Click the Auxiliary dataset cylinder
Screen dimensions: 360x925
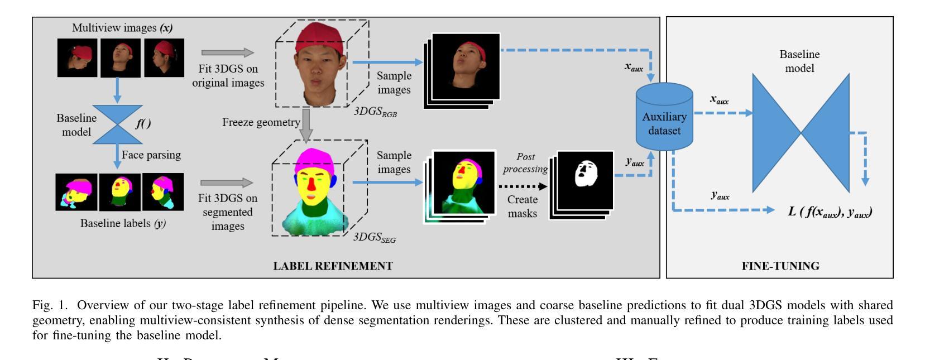664,117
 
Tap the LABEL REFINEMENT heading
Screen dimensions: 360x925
333,266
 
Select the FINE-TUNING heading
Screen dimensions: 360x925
780,266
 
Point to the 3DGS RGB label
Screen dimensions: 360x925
375,112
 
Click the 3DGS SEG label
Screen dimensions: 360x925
374,238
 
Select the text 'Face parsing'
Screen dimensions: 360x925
151,155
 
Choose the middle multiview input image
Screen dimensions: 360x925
120,57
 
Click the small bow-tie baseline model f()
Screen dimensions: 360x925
117,124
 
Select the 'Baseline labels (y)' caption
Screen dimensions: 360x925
123,223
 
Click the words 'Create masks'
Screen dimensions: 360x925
523,207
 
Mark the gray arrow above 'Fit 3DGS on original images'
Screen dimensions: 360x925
227,52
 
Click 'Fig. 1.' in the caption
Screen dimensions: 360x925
50,305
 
